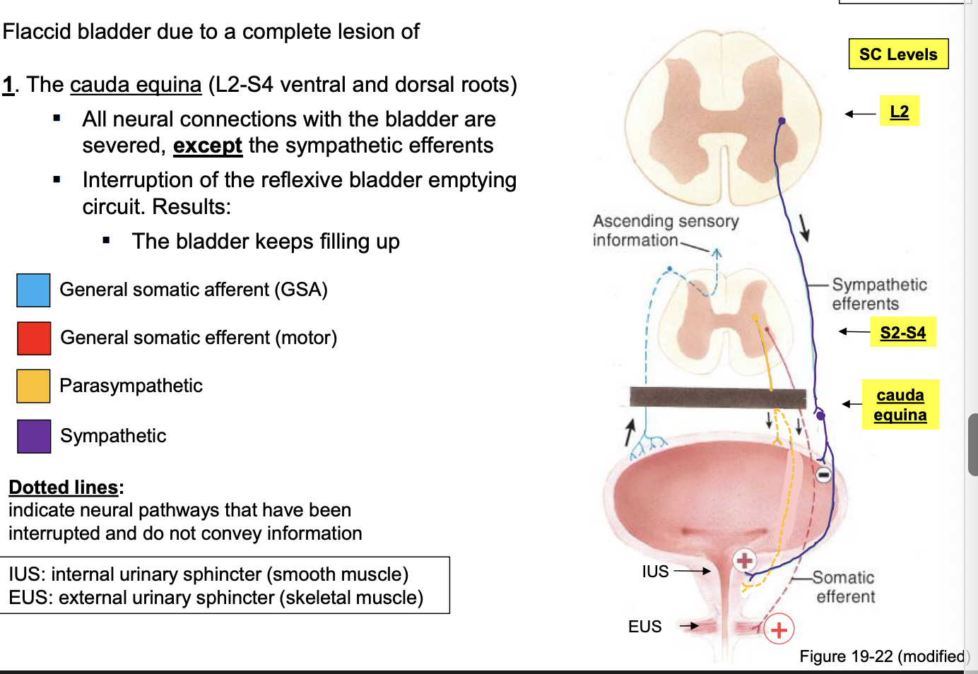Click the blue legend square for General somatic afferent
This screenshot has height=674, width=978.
tap(33, 290)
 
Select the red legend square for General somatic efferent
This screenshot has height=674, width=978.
tap(33, 338)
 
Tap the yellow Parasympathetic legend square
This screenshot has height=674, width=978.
tap(33, 386)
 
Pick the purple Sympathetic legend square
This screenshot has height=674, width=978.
tap(33, 436)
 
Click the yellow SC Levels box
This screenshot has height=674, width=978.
tap(898, 54)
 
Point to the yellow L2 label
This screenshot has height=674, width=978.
tap(899, 112)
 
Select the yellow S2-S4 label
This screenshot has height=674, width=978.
tap(902, 332)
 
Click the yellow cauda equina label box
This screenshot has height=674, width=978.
tap(900, 405)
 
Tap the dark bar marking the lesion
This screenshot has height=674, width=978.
tap(717, 398)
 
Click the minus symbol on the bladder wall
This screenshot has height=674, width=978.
tap(823, 475)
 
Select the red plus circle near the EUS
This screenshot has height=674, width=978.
tap(779, 629)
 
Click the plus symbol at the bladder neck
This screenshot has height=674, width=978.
tap(744, 561)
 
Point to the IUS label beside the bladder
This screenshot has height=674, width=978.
tap(655, 572)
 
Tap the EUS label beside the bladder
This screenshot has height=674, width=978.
tap(644, 627)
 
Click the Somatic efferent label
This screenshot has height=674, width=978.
tap(844, 587)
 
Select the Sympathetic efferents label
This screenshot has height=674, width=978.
tap(878, 294)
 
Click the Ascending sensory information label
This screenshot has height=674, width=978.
tap(664, 231)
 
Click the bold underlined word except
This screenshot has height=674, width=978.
tap(207, 146)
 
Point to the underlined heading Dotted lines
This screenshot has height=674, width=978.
tap(64, 487)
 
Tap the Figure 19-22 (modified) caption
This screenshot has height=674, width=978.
tap(883, 656)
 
